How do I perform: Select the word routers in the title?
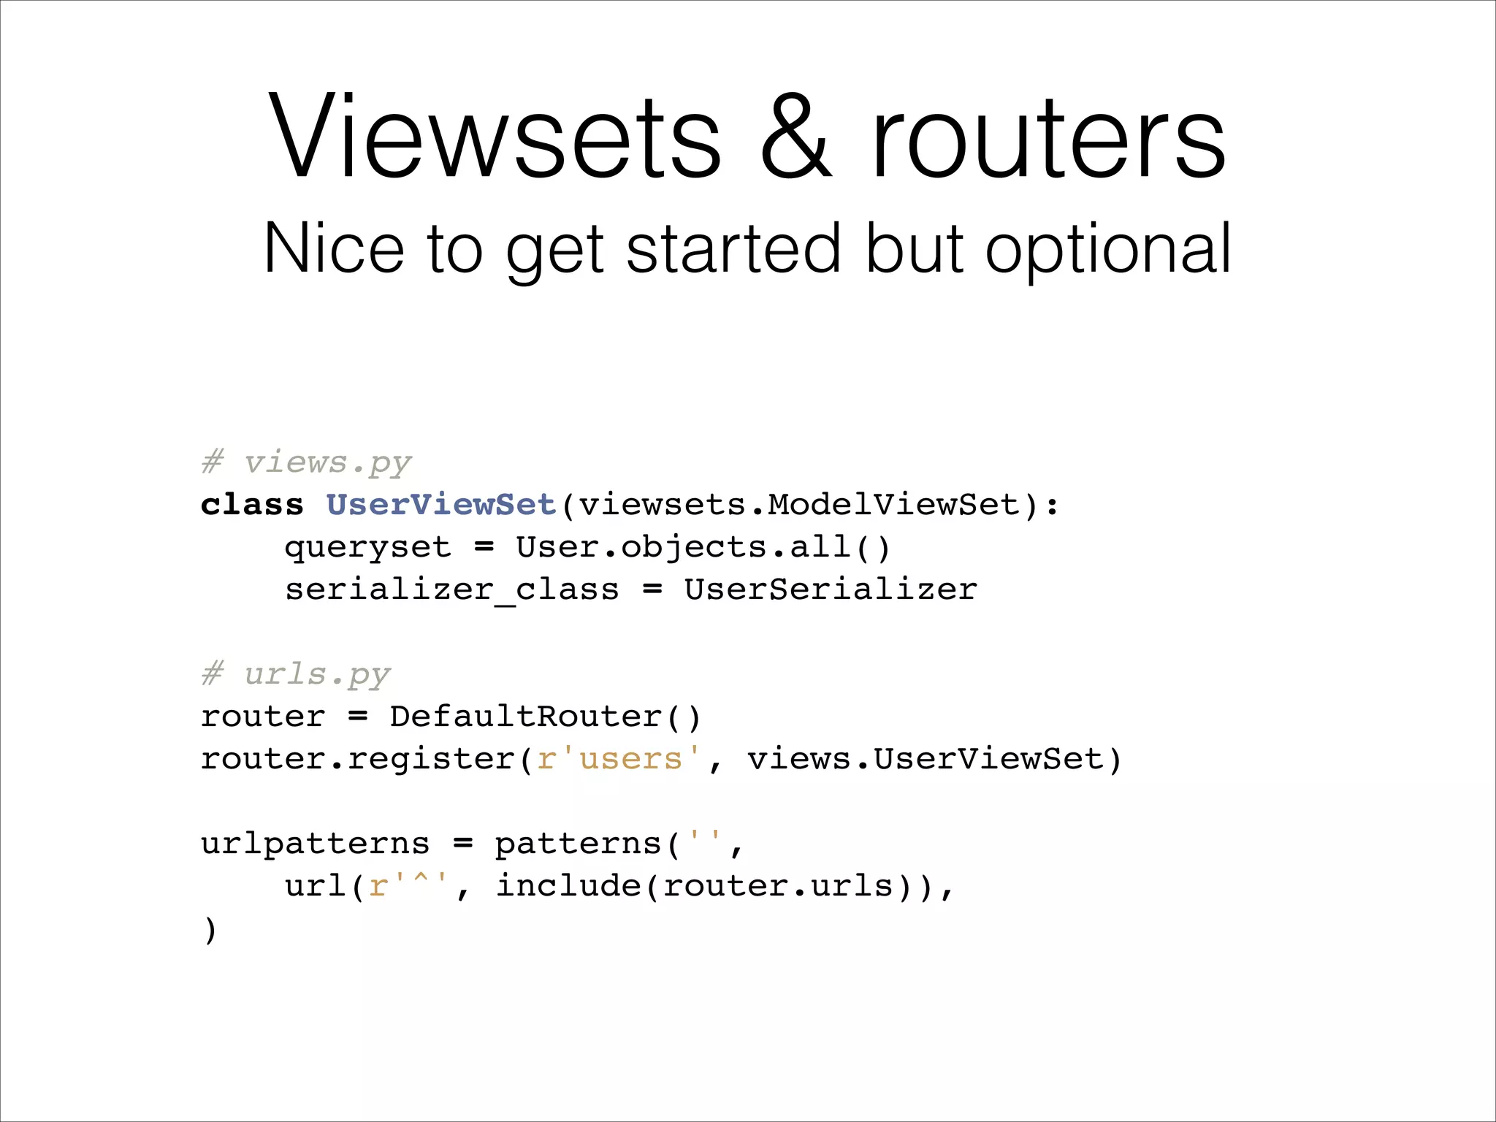point(1049,139)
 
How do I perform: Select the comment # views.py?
point(307,463)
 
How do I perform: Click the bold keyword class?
point(252,505)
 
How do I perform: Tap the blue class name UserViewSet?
point(441,505)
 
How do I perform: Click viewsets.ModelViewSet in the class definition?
point(799,505)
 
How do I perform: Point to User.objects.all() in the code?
point(703,548)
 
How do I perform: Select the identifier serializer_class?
point(451,590)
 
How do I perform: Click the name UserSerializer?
point(830,590)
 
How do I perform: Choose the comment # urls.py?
point(296,675)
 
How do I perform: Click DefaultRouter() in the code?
point(545,717)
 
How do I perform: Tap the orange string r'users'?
point(619,760)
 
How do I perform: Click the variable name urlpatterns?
point(316,844)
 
